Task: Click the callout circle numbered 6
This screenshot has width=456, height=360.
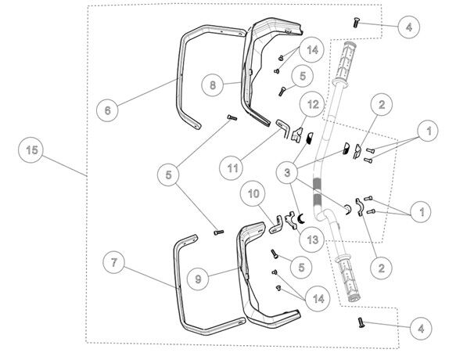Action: (x=108, y=110)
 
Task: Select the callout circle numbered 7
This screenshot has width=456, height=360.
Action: (x=114, y=262)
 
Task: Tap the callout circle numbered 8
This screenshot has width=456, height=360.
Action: (x=213, y=85)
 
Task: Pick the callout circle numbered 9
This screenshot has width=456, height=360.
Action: (x=198, y=279)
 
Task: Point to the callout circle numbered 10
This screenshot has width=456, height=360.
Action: (x=253, y=193)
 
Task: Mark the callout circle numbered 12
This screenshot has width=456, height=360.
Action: (x=313, y=105)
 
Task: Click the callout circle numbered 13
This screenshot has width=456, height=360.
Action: (x=312, y=239)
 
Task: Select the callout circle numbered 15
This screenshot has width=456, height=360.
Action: (x=31, y=150)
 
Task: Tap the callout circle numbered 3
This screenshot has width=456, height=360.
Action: (x=287, y=173)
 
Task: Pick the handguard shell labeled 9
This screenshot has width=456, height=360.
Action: (x=242, y=279)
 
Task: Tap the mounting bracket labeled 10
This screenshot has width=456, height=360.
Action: (x=276, y=225)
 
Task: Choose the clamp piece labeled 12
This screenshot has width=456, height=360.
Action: (x=296, y=135)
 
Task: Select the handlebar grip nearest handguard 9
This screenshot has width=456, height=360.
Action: (x=348, y=279)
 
